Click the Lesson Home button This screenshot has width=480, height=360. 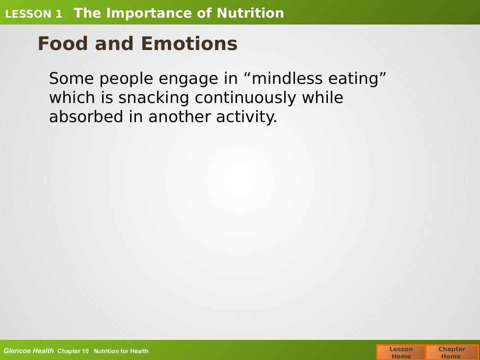401,353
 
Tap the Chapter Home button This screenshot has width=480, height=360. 452,353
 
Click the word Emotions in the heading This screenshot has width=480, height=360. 189,44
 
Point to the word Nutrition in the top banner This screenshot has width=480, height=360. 250,13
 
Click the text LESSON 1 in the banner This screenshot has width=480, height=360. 33,14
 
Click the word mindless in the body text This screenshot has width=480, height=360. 287,78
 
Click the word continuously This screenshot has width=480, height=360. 245,99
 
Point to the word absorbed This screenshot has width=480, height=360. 86,117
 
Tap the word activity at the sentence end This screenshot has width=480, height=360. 246,117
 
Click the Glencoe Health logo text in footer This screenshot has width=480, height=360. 28,351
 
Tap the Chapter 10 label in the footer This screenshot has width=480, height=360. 73,351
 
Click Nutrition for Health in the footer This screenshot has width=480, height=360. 121,351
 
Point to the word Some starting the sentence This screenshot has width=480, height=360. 71,78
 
